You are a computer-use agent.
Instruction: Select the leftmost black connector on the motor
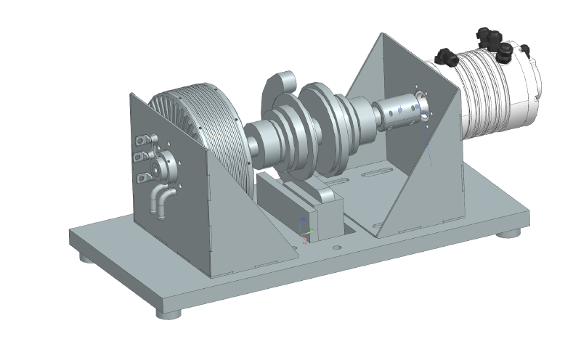[444, 57]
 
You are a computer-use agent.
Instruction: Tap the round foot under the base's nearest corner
[169, 314]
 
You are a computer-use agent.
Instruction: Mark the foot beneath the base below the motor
[511, 233]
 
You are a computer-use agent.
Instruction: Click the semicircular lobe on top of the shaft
[279, 84]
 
